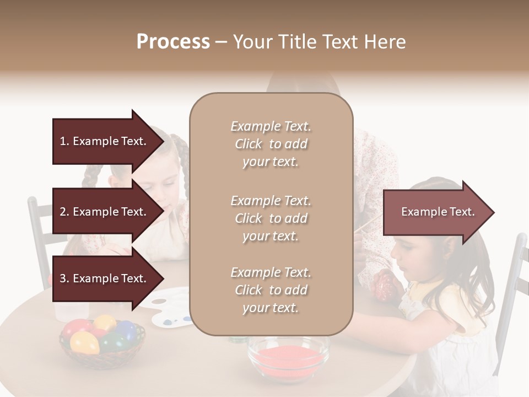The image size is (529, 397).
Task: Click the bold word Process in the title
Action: coord(173,42)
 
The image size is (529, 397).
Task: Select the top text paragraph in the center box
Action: coord(271,144)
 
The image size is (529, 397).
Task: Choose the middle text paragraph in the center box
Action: coord(271,218)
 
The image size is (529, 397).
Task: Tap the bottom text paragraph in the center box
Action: coord(271,290)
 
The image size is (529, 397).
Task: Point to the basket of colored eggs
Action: coord(102,337)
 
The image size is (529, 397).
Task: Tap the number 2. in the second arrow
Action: coord(64,212)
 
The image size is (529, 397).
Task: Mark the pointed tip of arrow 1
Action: coord(163,141)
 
